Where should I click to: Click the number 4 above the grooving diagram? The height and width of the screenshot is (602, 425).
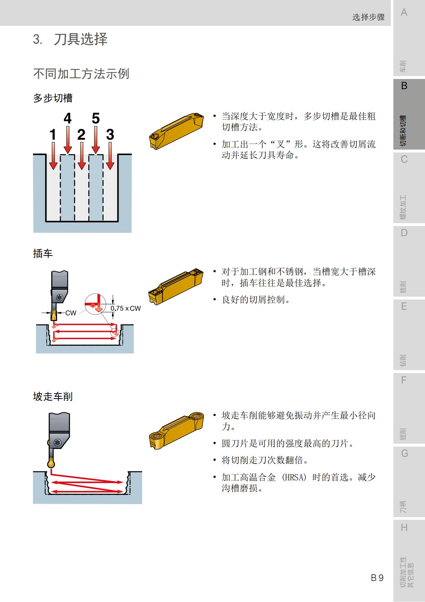[x=68, y=118]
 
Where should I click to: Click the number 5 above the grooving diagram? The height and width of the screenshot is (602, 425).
[x=96, y=118]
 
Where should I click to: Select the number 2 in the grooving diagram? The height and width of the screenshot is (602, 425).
[x=81, y=135]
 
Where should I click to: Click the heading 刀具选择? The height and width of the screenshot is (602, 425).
[x=80, y=39]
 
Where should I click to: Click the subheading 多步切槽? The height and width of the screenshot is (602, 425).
[x=53, y=98]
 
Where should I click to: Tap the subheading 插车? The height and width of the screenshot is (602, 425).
[x=43, y=253]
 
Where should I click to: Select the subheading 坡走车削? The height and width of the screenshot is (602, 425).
[x=53, y=396]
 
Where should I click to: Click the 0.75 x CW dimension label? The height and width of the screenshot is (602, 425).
[x=125, y=308]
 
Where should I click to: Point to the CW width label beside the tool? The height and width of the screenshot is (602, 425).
[x=71, y=313]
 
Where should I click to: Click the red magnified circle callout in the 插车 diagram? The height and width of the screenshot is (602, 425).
[x=95, y=304]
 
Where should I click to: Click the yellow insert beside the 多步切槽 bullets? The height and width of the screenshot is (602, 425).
[x=176, y=131]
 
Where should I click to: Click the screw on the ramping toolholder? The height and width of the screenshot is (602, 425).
[x=57, y=443]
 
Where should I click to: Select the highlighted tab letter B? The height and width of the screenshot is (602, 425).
[x=404, y=86]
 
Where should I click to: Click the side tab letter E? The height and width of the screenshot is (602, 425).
[x=404, y=306]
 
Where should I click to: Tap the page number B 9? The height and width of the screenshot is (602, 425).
[x=377, y=578]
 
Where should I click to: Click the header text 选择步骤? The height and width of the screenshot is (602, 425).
[x=368, y=17]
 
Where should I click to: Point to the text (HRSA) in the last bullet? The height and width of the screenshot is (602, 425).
[x=294, y=477]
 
